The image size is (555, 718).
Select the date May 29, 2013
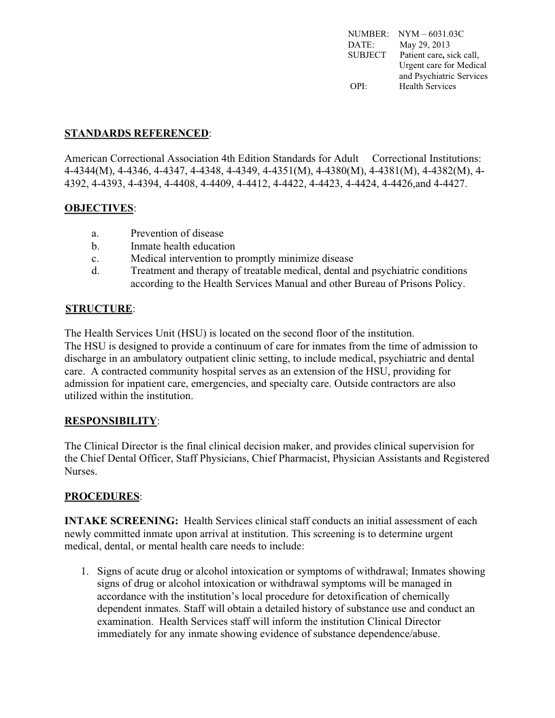pyautogui.click(x=424, y=44)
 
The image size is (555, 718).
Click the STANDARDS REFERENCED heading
pyautogui.click(x=136, y=133)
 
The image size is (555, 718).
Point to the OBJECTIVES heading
pyautogui.click(x=99, y=207)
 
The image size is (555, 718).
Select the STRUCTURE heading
pyautogui.click(x=99, y=309)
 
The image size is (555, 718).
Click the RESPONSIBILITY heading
pyautogui.click(x=110, y=421)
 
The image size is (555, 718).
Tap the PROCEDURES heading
pyautogui.click(x=102, y=496)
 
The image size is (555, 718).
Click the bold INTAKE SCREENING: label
pyautogui.click(x=121, y=521)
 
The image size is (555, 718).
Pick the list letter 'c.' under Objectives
pyautogui.click(x=95, y=258)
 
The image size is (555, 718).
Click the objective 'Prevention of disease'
pyautogui.click(x=177, y=233)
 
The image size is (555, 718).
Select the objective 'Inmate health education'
pyautogui.click(x=183, y=246)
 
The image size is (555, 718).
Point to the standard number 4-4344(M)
pyautogui.click(x=88, y=171)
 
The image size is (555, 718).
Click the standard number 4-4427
pyautogui.click(x=452, y=184)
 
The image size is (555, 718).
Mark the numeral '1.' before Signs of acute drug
pyautogui.click(x=86, y=572)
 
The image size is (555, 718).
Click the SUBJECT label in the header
pyautogui.click(x=367, y=54)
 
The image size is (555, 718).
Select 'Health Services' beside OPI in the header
pyautogui.click(x=427, y=86)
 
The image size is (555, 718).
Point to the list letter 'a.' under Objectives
pyautogui.click(x=95, y=233)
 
